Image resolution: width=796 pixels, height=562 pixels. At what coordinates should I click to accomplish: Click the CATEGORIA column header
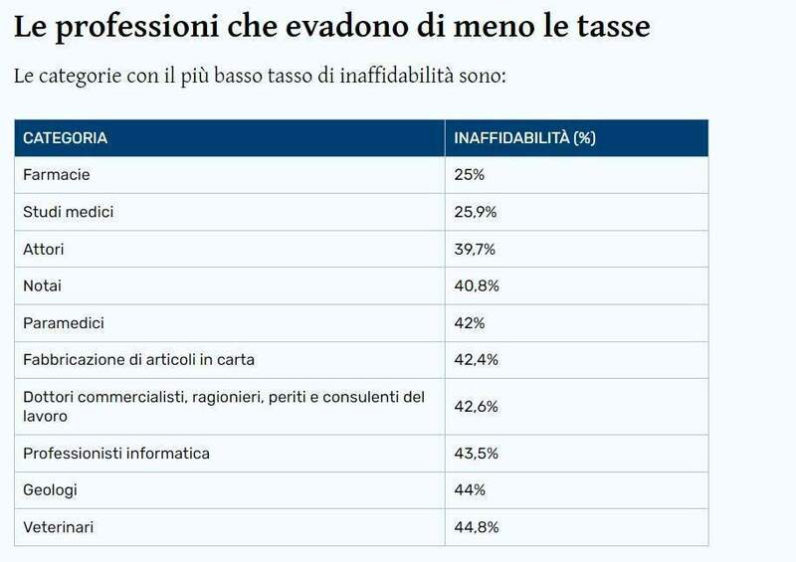65,138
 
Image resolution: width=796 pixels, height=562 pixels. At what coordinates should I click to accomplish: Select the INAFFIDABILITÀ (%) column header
524,138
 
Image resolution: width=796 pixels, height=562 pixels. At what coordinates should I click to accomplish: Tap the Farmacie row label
57,175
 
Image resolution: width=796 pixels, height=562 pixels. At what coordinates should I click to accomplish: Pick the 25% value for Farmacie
469,175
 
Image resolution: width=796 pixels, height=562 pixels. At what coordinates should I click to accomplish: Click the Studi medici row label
69,212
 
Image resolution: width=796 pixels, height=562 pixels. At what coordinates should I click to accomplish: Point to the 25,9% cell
475,212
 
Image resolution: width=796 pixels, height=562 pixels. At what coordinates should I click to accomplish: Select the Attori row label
44,249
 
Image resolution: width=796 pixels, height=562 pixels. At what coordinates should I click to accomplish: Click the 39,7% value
475,249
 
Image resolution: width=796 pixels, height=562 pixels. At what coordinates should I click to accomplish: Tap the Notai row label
43,285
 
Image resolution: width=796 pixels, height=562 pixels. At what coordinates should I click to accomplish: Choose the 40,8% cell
476,285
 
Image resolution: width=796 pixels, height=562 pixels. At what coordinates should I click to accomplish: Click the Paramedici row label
64,322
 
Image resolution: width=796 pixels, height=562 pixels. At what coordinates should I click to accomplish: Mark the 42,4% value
476,359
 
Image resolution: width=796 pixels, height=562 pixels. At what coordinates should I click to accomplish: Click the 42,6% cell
476,407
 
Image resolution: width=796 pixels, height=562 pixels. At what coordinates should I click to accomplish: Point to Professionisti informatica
116,454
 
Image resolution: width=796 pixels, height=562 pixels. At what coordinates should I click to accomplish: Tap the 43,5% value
476,454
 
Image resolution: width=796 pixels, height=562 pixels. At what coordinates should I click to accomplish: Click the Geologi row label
50,490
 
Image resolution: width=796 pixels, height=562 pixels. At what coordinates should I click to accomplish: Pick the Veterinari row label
59,527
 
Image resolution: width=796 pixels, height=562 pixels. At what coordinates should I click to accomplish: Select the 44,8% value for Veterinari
476,527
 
